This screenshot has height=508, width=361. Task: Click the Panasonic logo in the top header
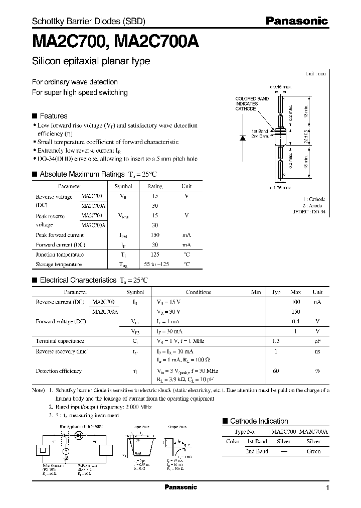296,21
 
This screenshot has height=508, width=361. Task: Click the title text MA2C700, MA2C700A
115,42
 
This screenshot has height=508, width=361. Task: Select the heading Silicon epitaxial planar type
91,61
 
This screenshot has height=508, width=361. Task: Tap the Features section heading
53,115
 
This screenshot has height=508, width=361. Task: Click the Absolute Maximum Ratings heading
82,174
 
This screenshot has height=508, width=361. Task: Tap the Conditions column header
199,292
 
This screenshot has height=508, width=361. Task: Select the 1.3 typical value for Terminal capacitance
276,341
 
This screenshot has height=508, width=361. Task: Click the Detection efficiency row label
59,371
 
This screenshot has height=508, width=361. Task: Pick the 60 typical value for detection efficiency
276,371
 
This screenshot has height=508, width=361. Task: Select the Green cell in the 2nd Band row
312,451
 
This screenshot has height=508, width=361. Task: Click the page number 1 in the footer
327,488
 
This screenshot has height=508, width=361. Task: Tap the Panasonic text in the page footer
180,487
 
